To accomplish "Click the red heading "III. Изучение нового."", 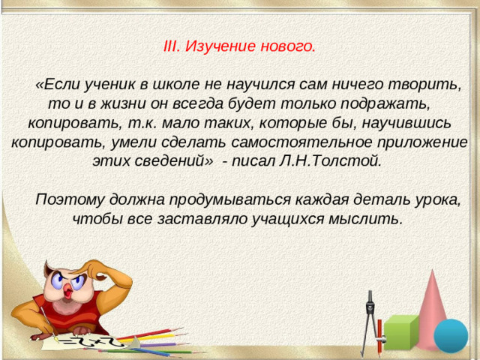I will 238,46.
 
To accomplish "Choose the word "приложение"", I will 421,141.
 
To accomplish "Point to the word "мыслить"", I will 370,220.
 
